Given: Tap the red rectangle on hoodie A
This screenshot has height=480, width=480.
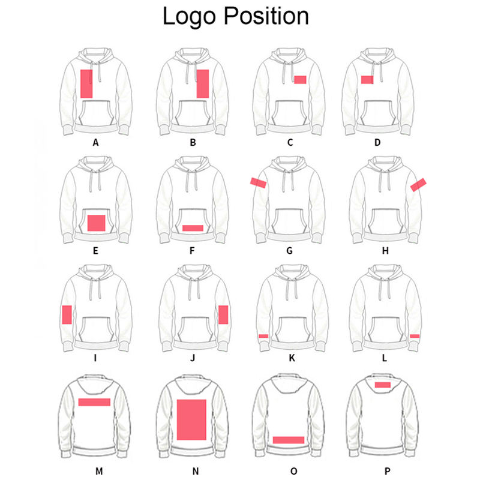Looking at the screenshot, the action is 86,83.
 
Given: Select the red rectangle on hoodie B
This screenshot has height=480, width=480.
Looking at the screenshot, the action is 202,83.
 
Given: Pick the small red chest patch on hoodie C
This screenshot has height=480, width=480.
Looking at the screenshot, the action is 300,79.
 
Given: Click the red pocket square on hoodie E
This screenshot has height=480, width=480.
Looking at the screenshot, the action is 97,223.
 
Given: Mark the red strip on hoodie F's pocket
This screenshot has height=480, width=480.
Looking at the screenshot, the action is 193,228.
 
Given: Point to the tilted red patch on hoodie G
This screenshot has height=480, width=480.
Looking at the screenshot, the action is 259,182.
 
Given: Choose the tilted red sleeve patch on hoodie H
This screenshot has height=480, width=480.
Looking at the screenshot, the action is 418,185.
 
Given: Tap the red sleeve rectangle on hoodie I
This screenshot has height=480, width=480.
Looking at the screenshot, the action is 67,314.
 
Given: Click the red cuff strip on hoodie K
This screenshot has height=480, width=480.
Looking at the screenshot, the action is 263,336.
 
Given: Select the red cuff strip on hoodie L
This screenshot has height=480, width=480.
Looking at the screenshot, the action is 415,336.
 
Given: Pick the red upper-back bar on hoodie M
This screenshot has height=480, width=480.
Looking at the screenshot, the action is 94,402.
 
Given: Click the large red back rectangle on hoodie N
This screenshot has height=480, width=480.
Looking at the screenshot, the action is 192,422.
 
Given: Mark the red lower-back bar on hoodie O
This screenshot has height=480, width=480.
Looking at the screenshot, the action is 289,440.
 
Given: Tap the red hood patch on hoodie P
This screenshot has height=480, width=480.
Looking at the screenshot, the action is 383,385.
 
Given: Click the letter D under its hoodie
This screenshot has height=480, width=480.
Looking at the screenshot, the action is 385,143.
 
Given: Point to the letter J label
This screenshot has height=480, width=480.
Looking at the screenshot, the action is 193,359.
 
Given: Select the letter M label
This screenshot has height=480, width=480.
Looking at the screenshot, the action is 97,472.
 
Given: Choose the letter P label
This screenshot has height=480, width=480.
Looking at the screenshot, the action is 385,472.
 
